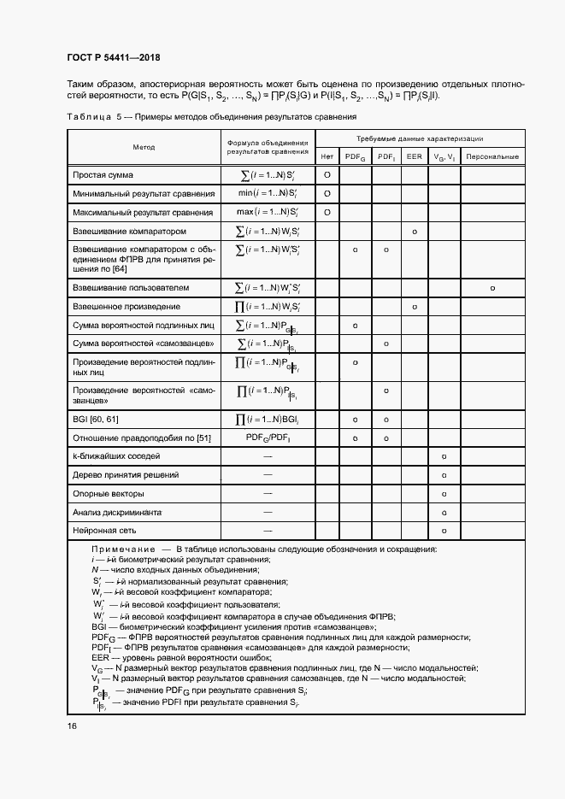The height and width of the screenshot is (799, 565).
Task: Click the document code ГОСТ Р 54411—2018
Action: [x=113, y=58]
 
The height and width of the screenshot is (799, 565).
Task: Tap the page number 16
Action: [x=71, y=726]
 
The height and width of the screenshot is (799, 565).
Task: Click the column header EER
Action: [x=414, y=157]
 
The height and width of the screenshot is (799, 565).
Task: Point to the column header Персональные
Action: [x=493, y=157]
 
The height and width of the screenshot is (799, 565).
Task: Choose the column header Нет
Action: [x=327, y=157]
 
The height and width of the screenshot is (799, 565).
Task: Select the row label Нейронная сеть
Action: [x=106, y=532]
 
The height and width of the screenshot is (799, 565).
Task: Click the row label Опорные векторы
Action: [x=109, y=494]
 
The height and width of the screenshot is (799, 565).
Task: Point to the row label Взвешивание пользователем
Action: [x=137, y=288]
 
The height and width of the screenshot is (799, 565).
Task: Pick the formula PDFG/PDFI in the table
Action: [x=267, y=438]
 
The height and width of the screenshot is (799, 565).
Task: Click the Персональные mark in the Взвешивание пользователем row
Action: [x=493, y=288]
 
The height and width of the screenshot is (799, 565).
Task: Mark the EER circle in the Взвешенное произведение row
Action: [x=414, y=307]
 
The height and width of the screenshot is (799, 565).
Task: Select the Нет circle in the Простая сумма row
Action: [x=327, y=175]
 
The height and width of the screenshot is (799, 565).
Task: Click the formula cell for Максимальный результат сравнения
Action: [x=267, y=212]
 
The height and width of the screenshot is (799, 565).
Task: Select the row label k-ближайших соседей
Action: [x=117, y=456]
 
